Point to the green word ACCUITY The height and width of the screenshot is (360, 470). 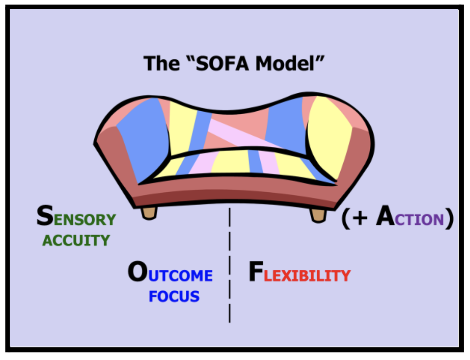(76, 240)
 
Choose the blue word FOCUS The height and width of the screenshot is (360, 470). (174, 296)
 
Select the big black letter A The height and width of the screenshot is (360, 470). (387, 218)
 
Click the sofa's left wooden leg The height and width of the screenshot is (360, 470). (149, 212)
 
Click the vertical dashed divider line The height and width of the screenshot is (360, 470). (230, 266)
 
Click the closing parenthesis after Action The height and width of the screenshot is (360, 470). (449, 218)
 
